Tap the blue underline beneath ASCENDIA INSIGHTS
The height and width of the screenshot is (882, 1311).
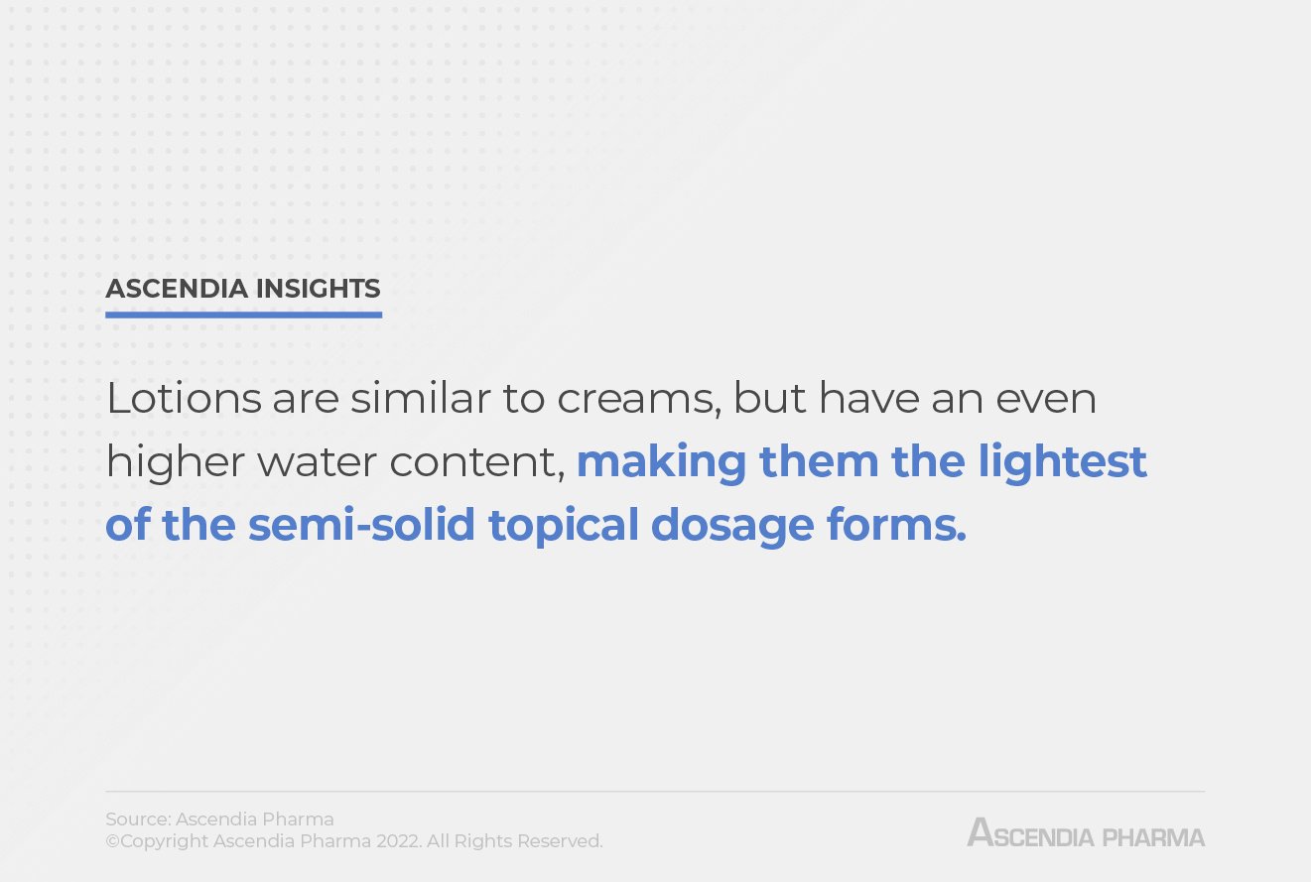(x=243, y=315)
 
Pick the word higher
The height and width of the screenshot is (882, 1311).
(x=165, y=462)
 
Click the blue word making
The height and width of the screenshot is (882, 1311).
(x=661, y=461)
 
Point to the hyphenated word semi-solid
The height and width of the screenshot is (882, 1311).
(x=362, y=525)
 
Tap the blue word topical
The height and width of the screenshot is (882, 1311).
(x=563, y=525)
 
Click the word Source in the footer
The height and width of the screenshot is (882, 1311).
(x=137, y=819)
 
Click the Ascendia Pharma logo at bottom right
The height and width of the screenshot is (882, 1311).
(x=1086, y=832)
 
